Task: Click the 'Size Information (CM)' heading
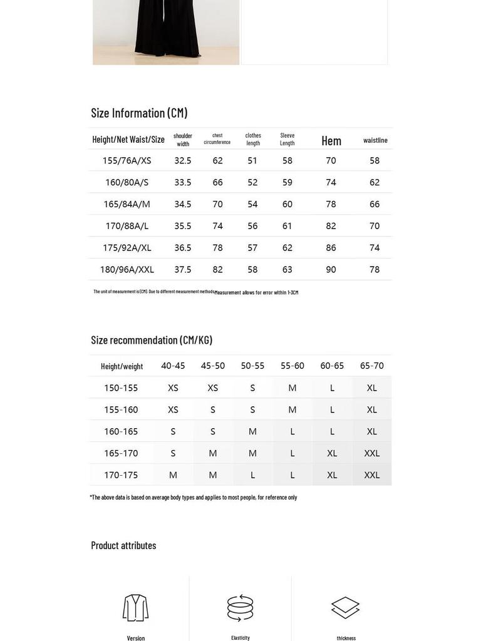click(x=139, y=113)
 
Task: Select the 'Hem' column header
click(x=331, y=141)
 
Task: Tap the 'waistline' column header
click(x=375, y=140)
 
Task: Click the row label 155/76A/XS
click(x=127, y=161)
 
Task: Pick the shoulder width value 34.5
click(x=183, y=204)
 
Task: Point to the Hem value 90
click(x=331, y=270)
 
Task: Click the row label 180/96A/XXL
click(x=127, y=270)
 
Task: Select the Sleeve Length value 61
click(x=287, y=226)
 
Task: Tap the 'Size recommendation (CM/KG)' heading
click(x=152, y=340)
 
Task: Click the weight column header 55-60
click(x=292, y=366)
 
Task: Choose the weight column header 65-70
click(x=372, y=366)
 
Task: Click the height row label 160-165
click(x=121, y=431)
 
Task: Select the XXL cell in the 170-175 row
click(x=372, y=475)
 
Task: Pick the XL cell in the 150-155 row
click(x=372, y=388)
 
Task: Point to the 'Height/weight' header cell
click(x=122, y=366)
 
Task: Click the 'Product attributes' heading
click(x=123, y=545)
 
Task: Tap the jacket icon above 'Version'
click(x=136, y=608)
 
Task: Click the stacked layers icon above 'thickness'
click(x=346, y=608)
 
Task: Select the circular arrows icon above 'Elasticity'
click(x=240, y=608)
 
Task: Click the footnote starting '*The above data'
click(x=194, y=498)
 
